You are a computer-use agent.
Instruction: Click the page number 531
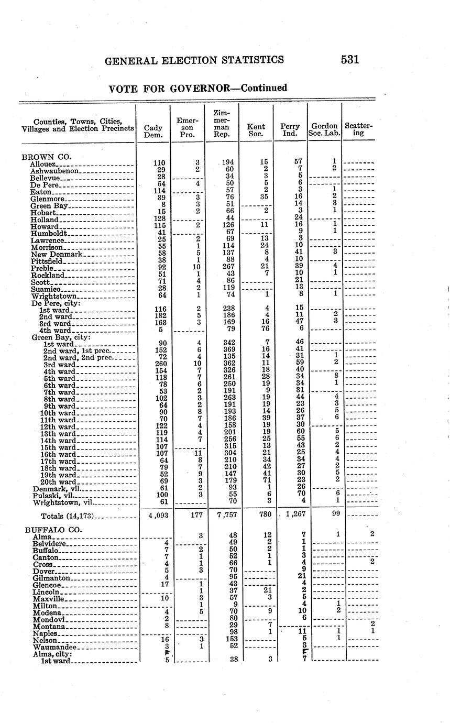tap(349, 60)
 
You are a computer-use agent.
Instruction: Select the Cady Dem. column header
tap(152, 131)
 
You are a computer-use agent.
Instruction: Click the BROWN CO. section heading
tap(46, 156)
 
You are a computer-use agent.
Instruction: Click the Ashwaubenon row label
tap(54, 171)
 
